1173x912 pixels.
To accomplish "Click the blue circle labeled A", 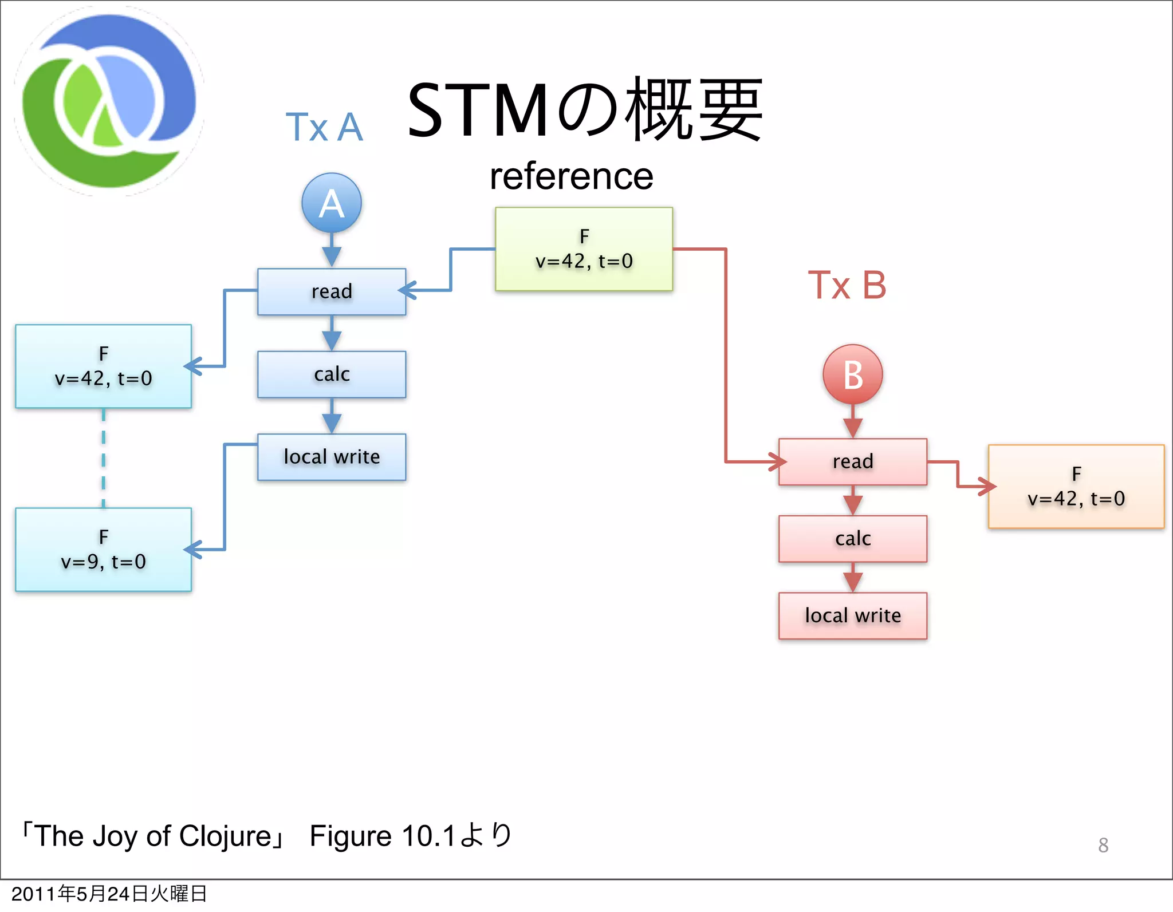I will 332,203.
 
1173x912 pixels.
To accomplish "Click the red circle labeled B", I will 852,375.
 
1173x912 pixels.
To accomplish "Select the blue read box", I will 332,291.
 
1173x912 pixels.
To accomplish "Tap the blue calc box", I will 332,374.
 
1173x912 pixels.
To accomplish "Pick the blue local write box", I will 332,457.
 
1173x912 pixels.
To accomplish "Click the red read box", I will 852,461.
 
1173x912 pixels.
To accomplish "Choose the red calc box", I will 852,539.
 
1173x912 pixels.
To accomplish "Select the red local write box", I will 852,615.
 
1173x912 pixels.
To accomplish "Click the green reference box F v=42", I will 584,249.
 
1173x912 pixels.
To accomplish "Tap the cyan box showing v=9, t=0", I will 103,550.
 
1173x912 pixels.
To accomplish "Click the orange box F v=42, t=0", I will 1076,487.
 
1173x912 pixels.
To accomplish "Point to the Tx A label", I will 324,127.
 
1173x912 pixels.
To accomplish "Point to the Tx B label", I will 847,285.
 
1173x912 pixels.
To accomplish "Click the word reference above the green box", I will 571,176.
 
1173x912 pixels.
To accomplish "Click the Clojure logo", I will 109,101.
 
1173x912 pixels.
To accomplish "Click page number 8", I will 1103,845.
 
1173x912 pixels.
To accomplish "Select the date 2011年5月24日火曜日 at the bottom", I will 109,894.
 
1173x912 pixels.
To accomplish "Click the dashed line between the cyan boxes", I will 104,458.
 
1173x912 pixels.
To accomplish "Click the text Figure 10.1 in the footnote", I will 382,836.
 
